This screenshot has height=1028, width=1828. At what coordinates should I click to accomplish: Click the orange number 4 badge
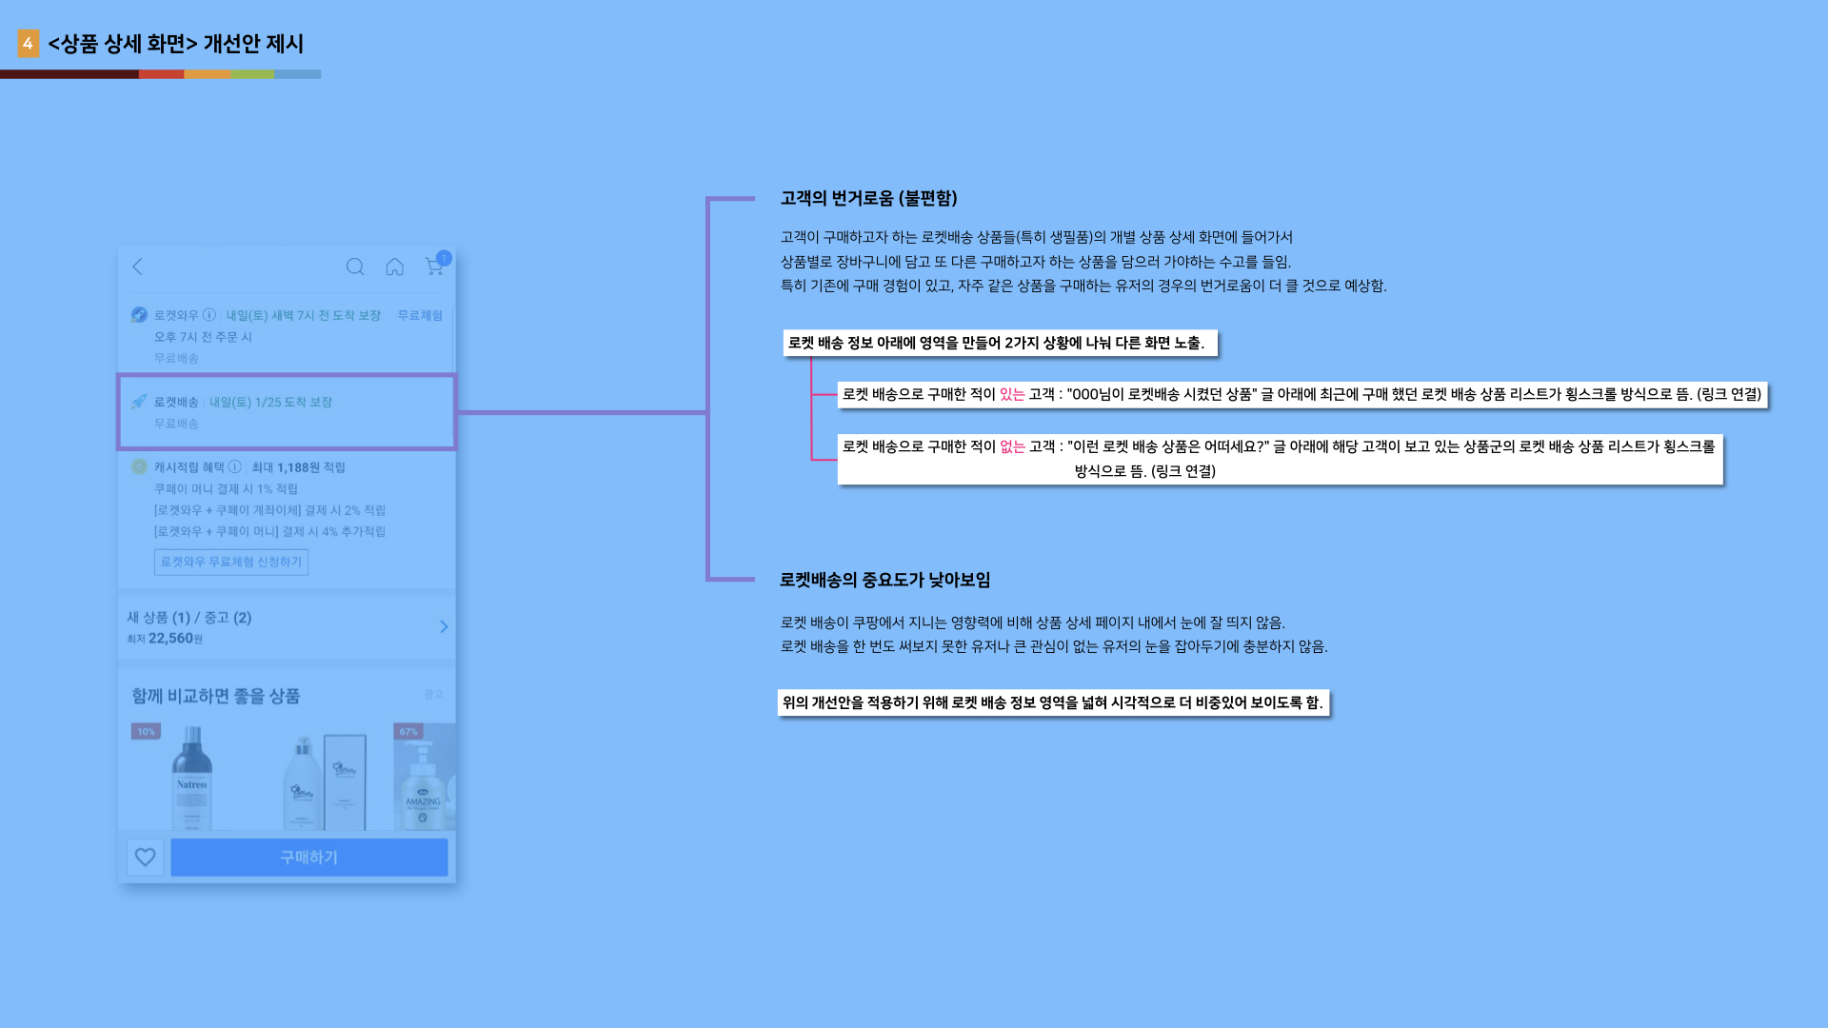click(28, 43)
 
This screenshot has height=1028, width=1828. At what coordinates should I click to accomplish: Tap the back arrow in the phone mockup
click(138, 267)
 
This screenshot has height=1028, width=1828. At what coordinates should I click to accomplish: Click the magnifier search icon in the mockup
click(355, 267)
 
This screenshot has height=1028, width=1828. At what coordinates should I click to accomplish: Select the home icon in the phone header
click(394, 267)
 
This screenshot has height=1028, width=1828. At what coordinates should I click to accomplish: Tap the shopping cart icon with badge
click(435, 266)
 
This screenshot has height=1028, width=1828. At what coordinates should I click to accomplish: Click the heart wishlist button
click(145, 857)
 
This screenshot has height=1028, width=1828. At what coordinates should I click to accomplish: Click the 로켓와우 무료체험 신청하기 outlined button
click(231, 562)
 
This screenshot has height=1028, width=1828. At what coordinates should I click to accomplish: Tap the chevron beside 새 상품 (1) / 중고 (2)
click(444, 626)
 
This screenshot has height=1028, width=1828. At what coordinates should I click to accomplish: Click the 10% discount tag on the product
click(146, 731)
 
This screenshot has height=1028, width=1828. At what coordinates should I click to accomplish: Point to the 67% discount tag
click(408, 731)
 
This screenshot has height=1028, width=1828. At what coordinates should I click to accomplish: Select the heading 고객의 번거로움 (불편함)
click(868, 198)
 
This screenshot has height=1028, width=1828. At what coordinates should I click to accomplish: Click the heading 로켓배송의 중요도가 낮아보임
click(884, 580)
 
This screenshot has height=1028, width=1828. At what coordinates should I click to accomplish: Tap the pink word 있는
click(1012, 394)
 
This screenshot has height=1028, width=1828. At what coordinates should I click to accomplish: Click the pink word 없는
click(1012, 446)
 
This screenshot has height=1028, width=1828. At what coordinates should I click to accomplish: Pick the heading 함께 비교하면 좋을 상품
click(216, 696)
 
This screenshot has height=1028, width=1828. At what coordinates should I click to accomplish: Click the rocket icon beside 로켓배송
click(139, 402)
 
